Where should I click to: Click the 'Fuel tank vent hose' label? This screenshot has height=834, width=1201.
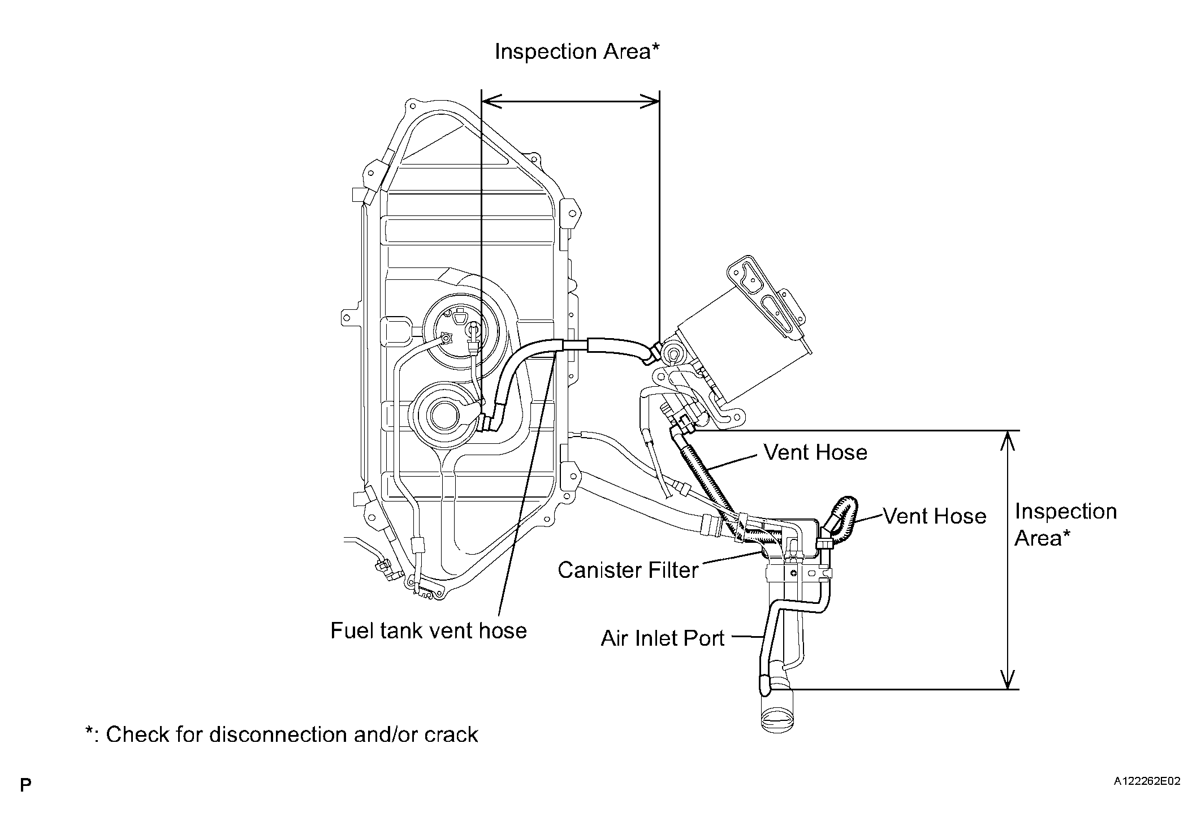429,630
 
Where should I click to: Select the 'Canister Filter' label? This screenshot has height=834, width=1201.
628,570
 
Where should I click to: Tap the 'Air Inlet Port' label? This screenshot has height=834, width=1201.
662,638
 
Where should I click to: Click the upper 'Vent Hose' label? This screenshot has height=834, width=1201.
815,452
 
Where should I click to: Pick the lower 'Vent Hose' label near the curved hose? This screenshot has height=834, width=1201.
935,516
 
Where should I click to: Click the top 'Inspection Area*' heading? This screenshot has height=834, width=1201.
577,51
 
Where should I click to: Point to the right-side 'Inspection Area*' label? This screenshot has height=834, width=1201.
1066,525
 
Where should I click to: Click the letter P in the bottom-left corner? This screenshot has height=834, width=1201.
25,785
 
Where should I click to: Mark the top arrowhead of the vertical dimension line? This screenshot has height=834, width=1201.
1008,440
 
